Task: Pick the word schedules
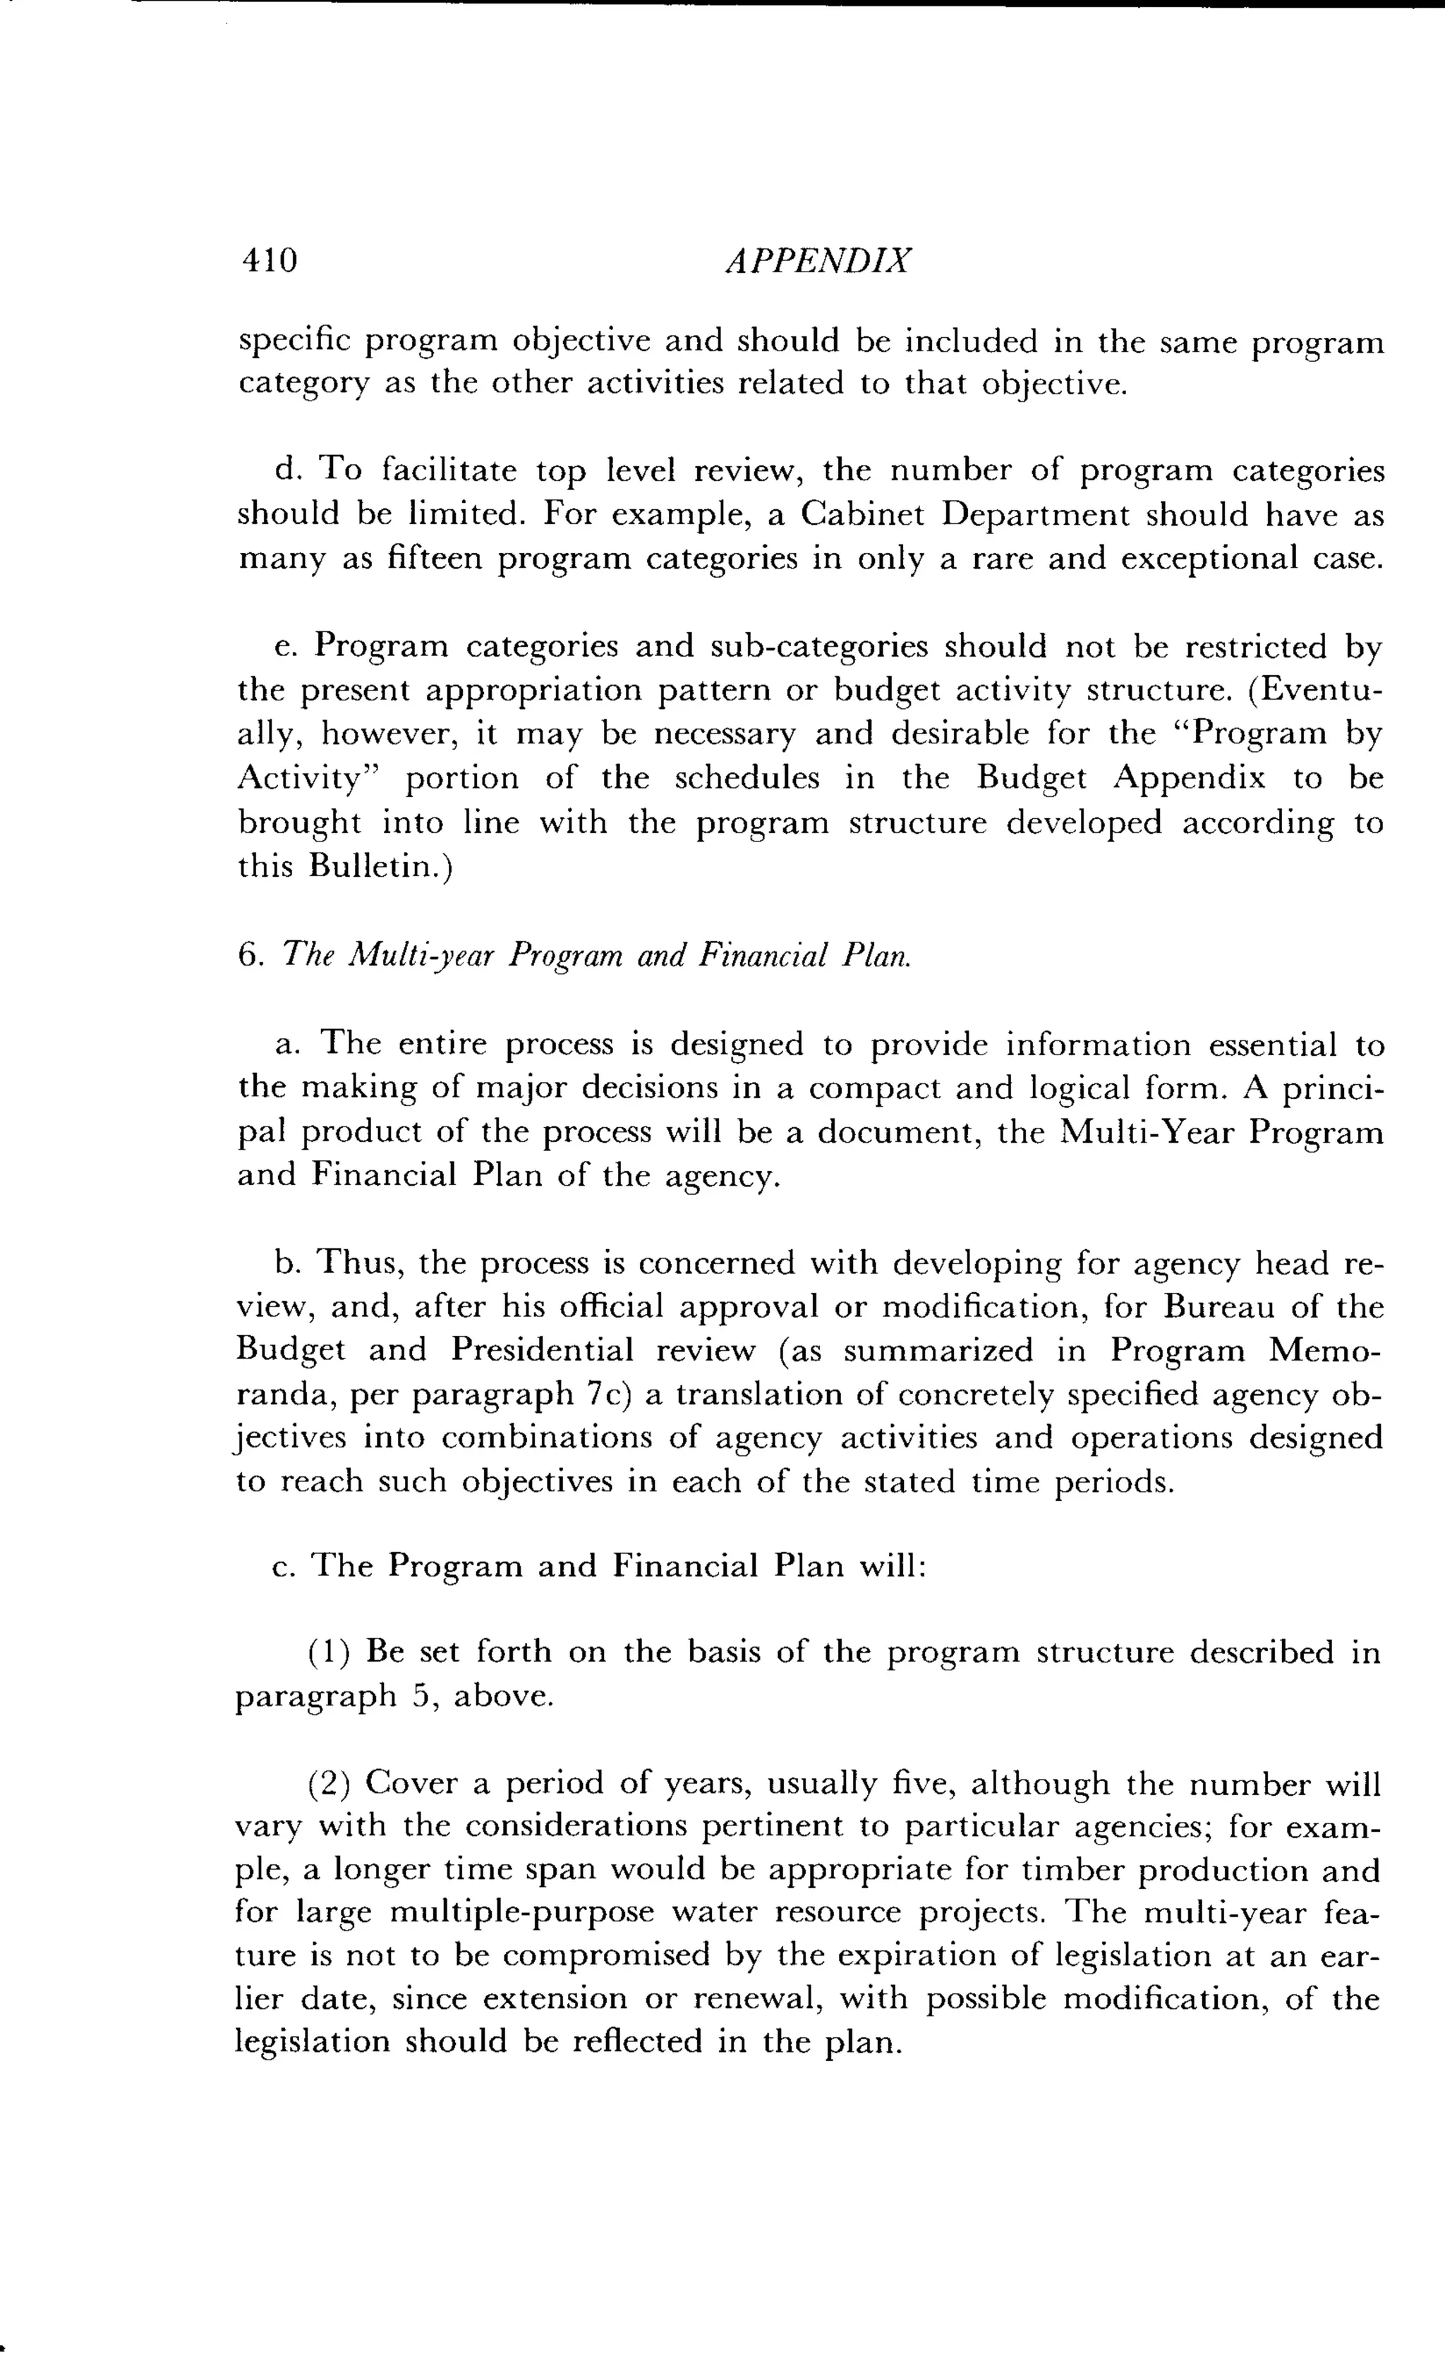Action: tap(746, 777)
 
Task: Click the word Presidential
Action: tap(542, 1351)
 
